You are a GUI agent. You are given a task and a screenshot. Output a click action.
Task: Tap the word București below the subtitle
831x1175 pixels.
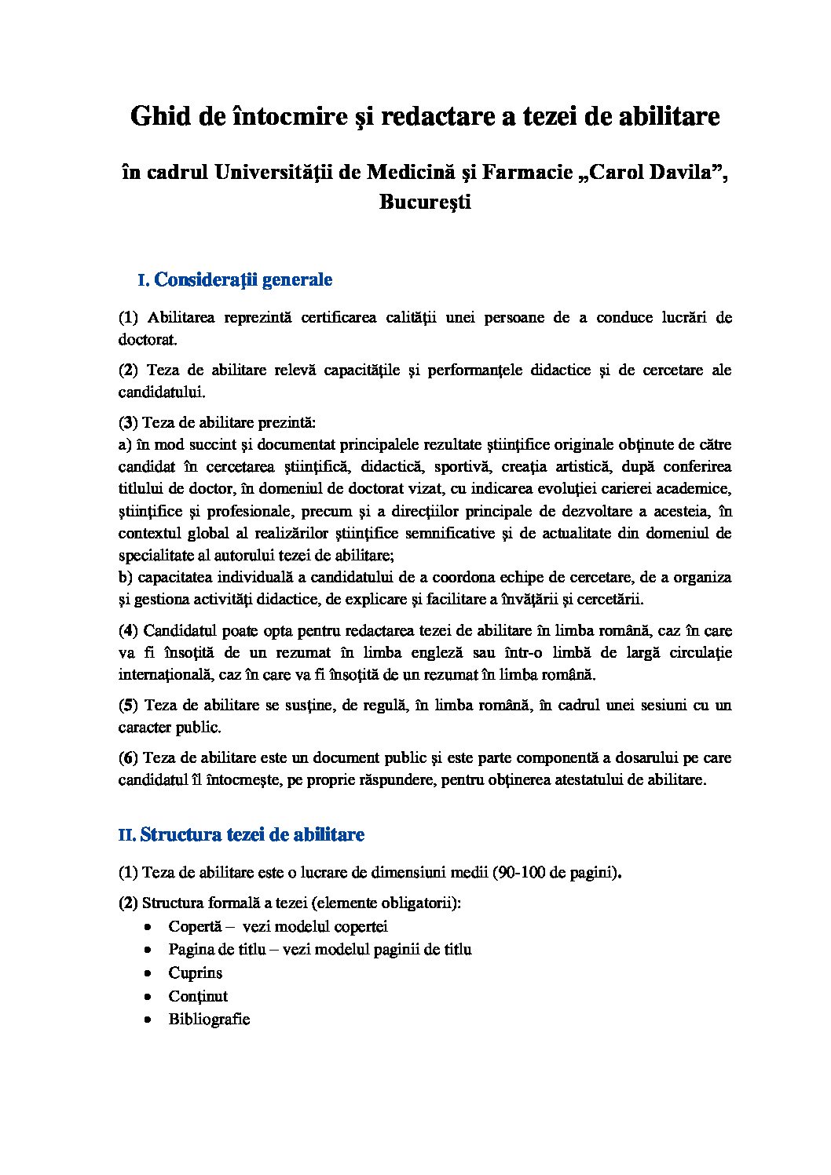point(425,202)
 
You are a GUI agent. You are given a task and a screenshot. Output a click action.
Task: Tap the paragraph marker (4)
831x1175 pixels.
point(129,630)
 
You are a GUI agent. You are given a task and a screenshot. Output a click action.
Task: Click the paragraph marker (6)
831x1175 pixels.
point(129,757)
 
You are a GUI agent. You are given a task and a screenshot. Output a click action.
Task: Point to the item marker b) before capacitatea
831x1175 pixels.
point(126,578)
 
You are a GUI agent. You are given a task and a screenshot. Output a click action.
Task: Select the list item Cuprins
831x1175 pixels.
point(196,973)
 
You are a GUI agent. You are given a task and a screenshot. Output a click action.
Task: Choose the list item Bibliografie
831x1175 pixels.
point(209,1020)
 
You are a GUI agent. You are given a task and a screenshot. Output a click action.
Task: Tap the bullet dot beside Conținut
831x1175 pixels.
point(149,997)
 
